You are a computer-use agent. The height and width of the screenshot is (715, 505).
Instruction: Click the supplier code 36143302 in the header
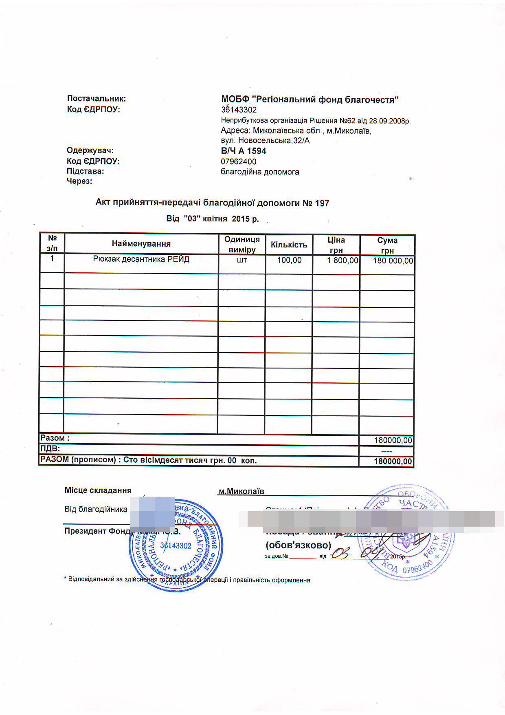(239, 110)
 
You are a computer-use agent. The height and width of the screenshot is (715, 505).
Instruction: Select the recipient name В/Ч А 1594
(244, 151)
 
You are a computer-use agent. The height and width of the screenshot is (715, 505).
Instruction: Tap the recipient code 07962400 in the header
(239, 161)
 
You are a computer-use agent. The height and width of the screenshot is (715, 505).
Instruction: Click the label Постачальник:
(97, 99)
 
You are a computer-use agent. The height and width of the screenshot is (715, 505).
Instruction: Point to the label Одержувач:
(90, 150)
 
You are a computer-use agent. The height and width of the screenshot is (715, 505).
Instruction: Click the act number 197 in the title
(322, 203)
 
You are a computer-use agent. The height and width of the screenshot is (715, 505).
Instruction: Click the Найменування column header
(141, 244)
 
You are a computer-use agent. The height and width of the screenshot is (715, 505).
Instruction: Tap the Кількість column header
(289, 245)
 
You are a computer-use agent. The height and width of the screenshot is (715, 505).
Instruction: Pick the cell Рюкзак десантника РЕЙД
(141, 259)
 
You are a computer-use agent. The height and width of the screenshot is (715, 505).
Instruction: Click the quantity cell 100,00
(289, 260)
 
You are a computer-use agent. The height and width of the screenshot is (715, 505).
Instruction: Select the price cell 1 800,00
(343, 260)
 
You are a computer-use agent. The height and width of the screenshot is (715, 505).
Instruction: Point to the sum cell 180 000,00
(393, 261)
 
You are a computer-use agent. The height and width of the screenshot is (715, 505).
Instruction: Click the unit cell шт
(242, 260)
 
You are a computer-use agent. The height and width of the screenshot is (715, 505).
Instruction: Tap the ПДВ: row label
(50, 449)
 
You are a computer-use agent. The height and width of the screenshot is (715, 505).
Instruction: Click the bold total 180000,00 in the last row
(393, 462)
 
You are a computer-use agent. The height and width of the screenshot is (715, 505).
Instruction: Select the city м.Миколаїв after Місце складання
(241, 492)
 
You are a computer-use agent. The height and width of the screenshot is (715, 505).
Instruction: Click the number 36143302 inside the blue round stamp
(176, 546)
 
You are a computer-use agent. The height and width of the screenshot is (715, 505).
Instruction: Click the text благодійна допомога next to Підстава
(260, 172)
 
